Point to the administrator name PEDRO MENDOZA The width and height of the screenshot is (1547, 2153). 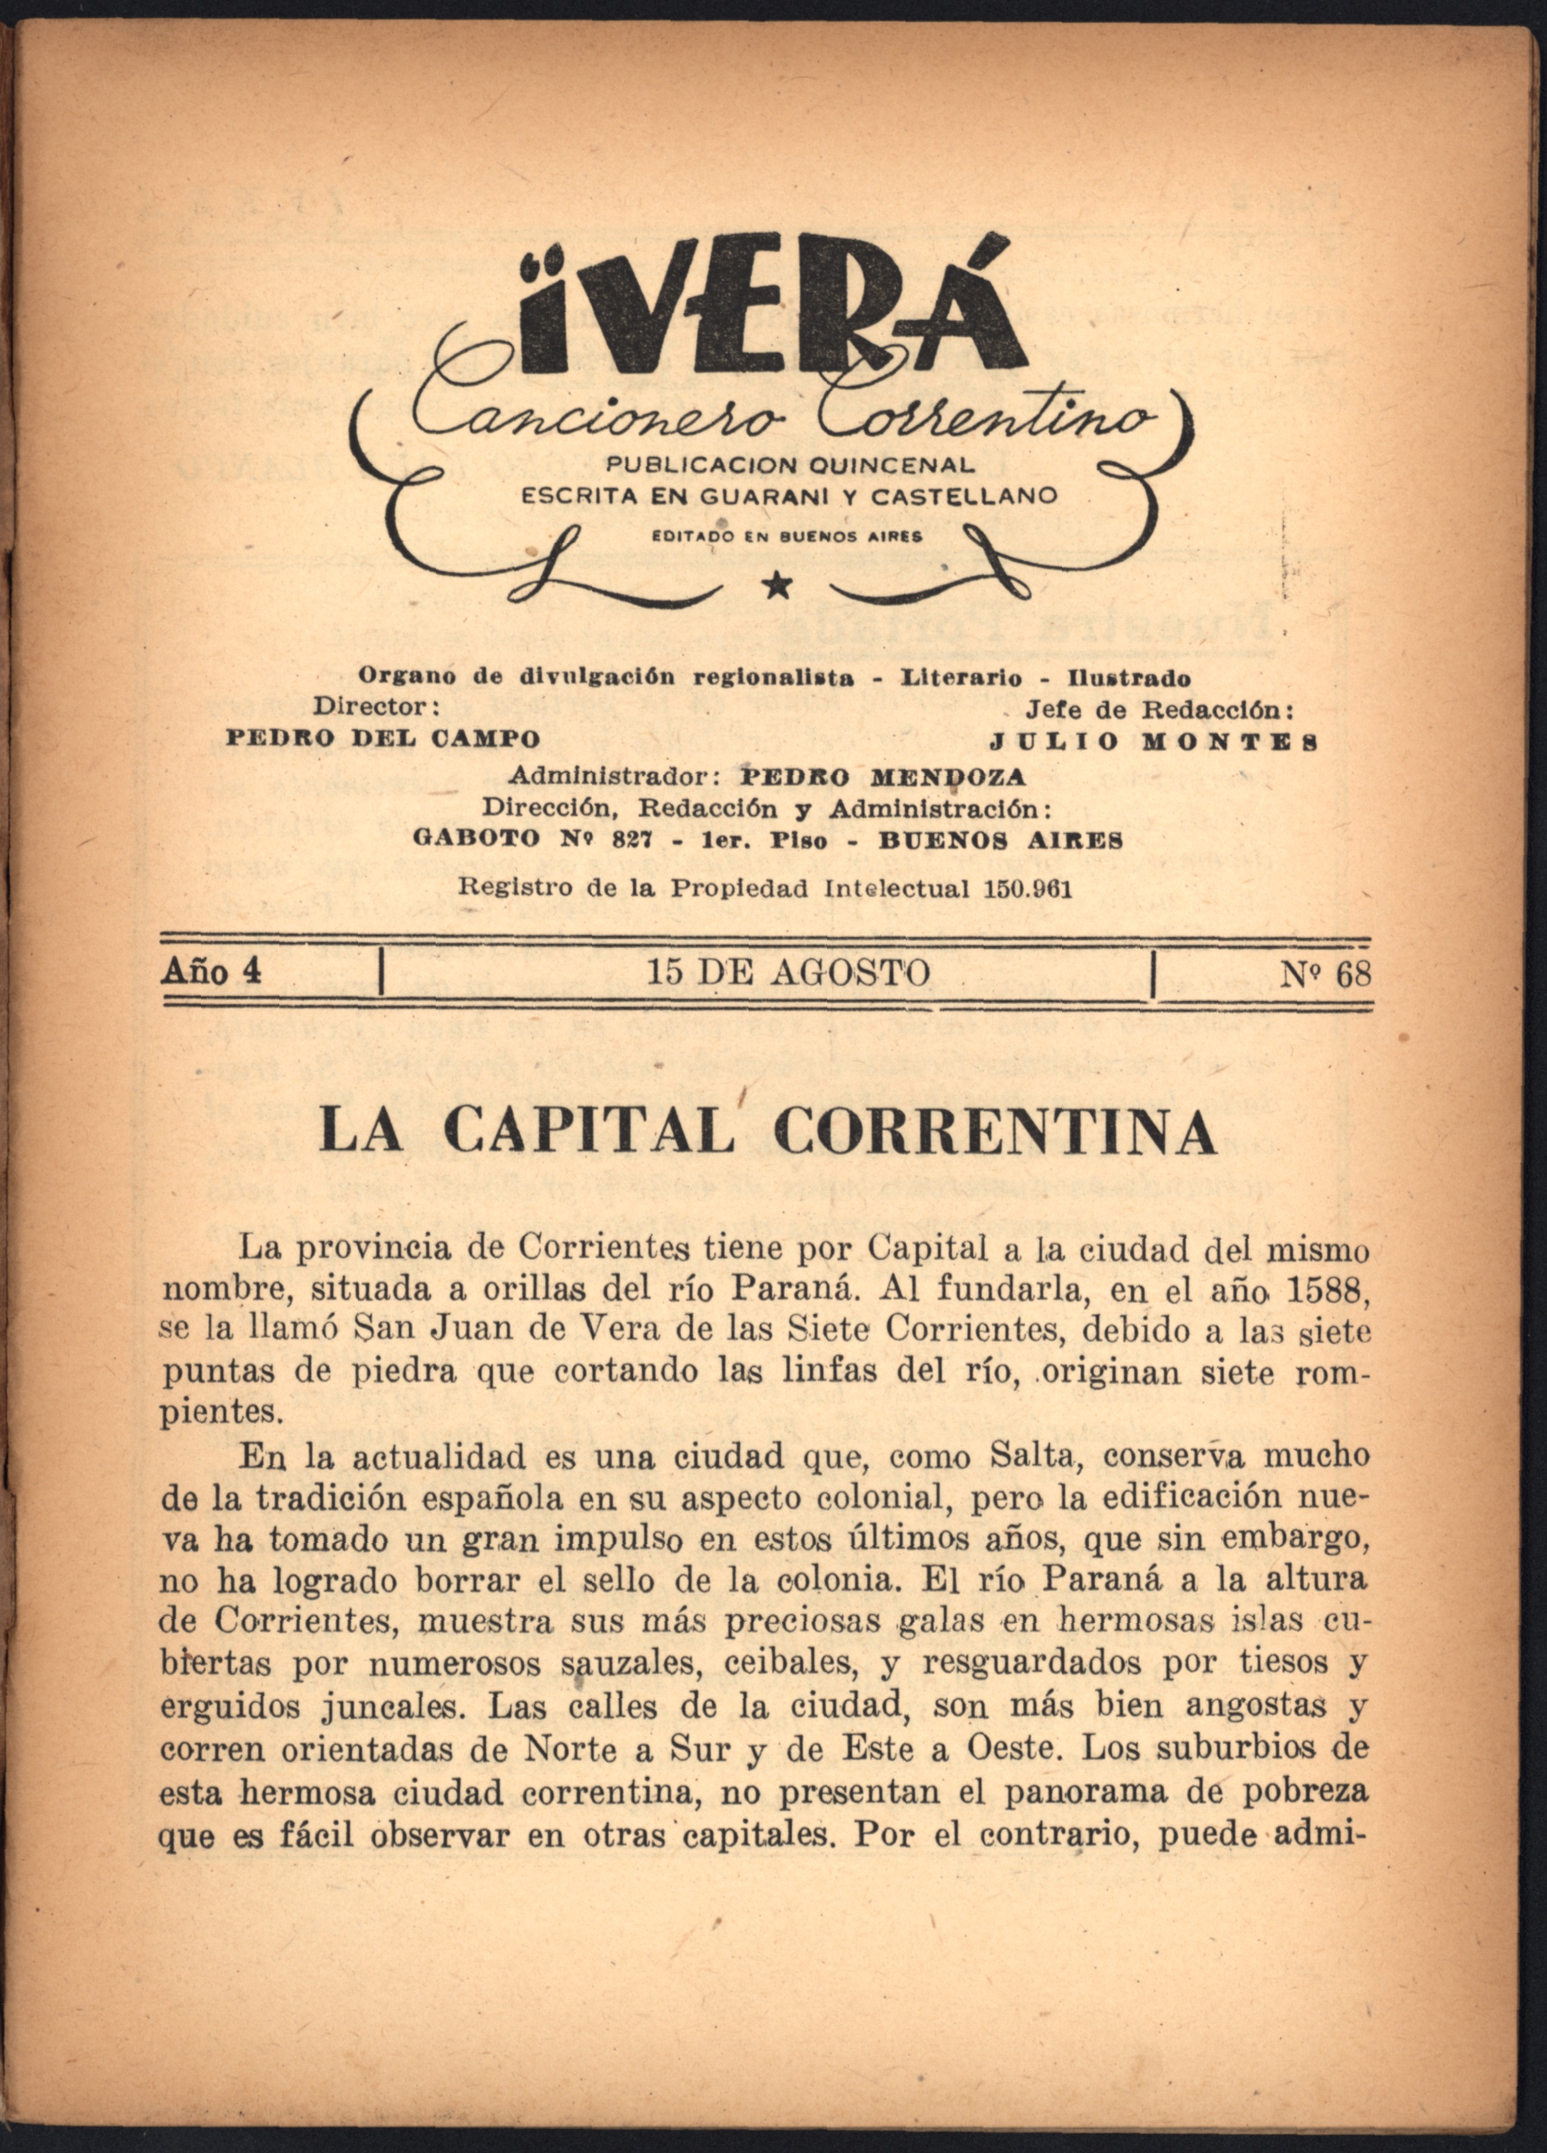pyautogui.click(x=882, y=776)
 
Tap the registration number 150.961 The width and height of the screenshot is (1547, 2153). pyautogui.click(x=1023, y=889)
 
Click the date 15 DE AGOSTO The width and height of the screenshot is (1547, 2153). pyautogui.click(x=788, y=972)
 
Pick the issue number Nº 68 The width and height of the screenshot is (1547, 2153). pyautogui.click(x=1325, y=974)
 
